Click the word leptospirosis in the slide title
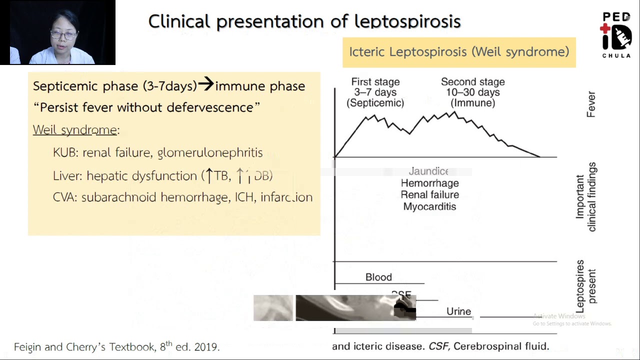click(407, 22)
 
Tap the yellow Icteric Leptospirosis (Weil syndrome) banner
click(459, 52)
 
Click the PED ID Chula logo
click(616, 35)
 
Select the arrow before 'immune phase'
click(205, 84)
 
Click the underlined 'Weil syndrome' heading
click(75, 130)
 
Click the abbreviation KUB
click(65, 152)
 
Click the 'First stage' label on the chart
click(375, 82)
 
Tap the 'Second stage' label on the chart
click(472, 82)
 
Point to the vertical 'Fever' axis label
click(591, 104)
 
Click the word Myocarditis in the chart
click(429, 206)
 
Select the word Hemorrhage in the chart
click(429, 183)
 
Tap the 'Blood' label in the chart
click(378, 277)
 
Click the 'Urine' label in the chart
click(458, 312)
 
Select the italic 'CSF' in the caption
click(439, 346)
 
